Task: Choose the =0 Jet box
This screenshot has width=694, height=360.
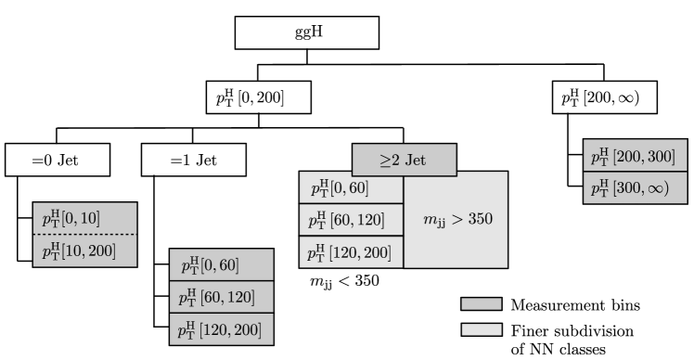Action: point(57,161)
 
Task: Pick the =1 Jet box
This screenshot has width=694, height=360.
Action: point(193,161)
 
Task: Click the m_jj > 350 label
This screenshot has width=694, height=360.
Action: point(456,221)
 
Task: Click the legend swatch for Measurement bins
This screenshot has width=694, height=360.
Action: point(479,303)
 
